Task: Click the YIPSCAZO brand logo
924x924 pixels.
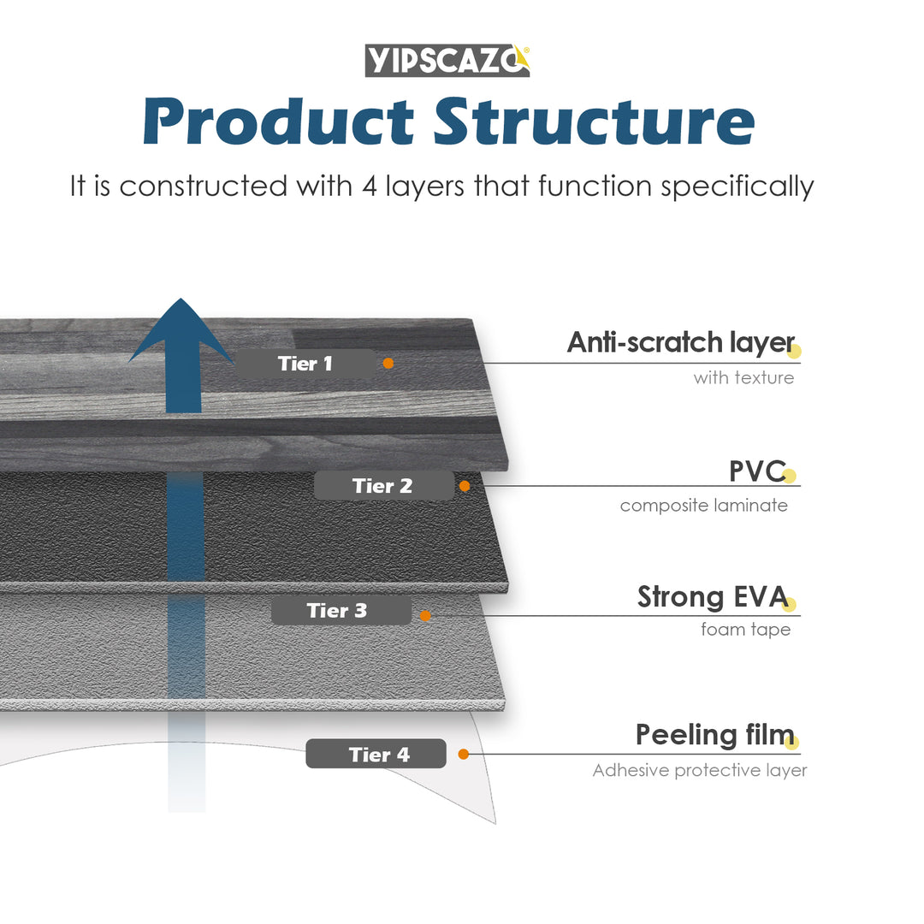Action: pyautogui.click(x=447, y=60)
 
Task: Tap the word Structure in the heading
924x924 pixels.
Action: pyautogui.click(x=594, y=122)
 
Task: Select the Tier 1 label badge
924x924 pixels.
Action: pyautogui.click(x=305, y=364)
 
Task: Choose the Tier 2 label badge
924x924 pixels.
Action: pyautogui.click(x=382, y=486)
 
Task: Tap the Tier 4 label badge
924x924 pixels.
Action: pyautogui.click(x=376, y=755)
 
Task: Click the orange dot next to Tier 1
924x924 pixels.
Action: pyautogui.click(x=388, y=364)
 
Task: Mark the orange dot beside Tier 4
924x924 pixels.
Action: pyautogui.click(x=464, y=755)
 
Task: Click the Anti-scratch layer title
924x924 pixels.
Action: pyautogui.click(x=680, y=343)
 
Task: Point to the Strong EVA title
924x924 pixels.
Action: pyautogui.click(x=712, y=597)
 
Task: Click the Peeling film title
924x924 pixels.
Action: pyautogui.click(x=714, y=735)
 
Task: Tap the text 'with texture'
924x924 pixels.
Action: pyautogui.click(x=743, y=377)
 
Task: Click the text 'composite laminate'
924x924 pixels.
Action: pyautogui.click(x=703, y=506)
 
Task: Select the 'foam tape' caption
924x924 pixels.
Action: pyautogui.click(x=745, y=630)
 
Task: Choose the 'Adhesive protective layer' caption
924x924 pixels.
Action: pyautogui.click(x=699, y=771)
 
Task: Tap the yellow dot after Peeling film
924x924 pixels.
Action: pyautogui.click(x=791, y=742)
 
